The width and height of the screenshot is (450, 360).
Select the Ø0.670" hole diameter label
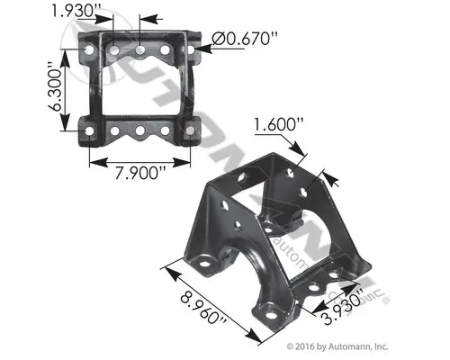[x=242, y=37]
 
